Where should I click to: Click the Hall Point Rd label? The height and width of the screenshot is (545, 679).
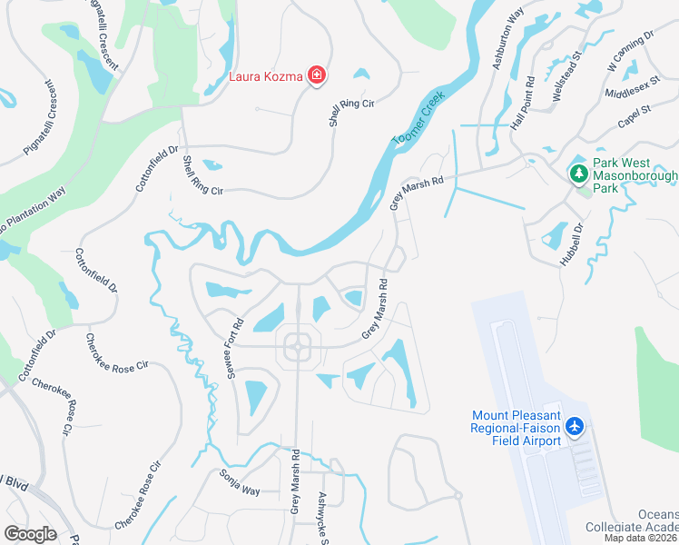tap(525, 112)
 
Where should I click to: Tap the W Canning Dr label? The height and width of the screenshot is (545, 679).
tap(630, 51)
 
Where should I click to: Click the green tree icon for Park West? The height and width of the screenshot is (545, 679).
tap(577, 171)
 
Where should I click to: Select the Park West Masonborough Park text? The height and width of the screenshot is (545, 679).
tap(635, 175)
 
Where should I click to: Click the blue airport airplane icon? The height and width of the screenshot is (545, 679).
tap(574, 426)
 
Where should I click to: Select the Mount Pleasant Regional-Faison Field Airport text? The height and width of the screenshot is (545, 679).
tap(516, 428)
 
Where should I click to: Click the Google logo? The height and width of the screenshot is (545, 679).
tap(30, 533)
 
